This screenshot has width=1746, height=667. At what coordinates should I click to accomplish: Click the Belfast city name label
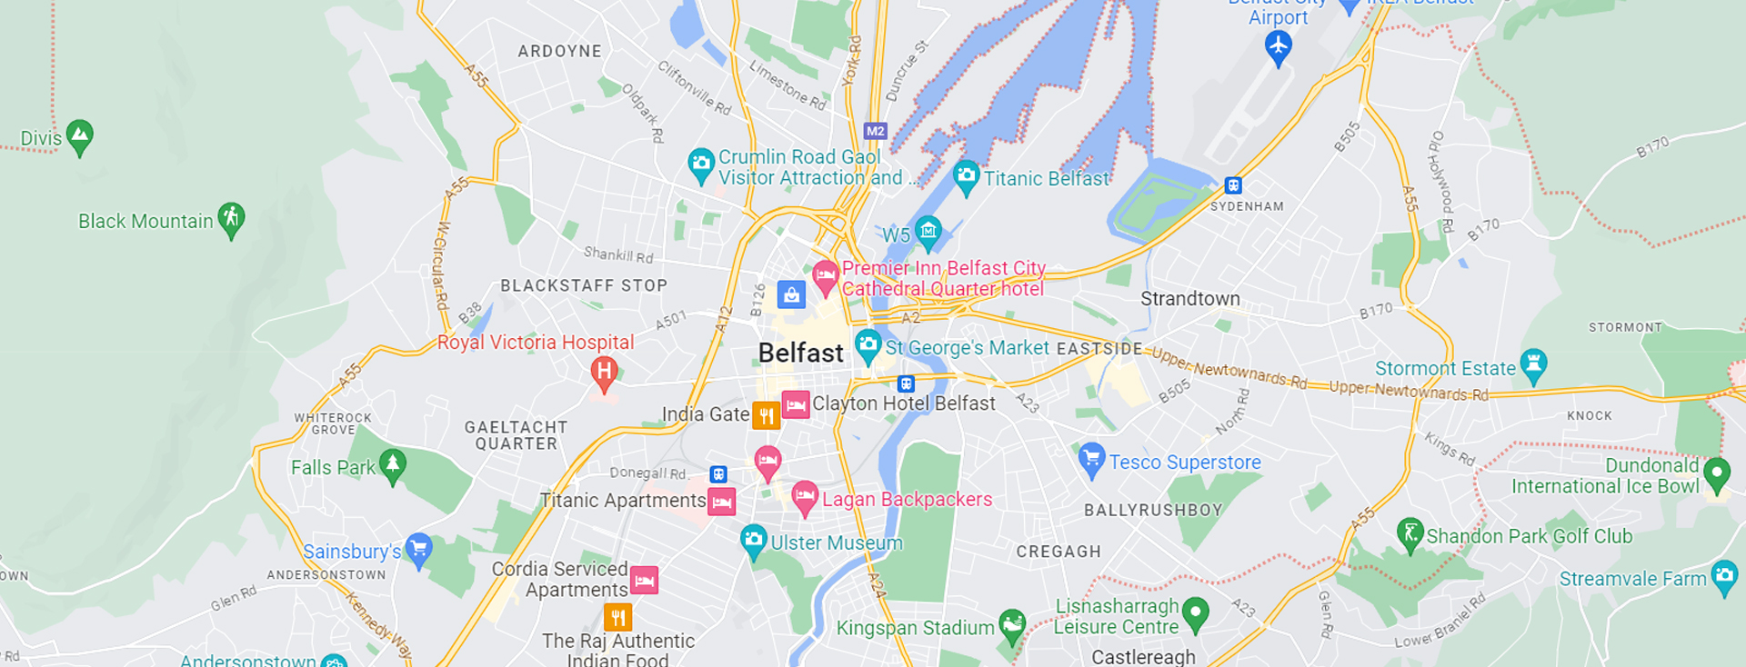pos(800,353)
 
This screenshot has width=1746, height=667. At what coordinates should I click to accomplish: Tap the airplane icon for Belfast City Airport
pos(1279,45)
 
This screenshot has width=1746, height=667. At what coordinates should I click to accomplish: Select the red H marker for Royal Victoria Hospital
pos(604,372)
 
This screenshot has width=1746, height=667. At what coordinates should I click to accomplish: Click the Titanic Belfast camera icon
pos(966,174)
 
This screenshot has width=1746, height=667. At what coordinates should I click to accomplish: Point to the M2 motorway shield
pos(875,131)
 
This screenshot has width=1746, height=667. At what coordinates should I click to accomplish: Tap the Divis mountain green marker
pos(80,136)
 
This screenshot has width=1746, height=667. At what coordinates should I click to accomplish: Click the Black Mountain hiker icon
pos(232,218)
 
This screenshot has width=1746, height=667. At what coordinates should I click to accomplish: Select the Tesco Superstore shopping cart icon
pos(1090,458)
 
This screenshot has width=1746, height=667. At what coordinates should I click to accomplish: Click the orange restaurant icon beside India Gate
pos(766,415)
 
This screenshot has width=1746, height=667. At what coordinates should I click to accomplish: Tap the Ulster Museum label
pos(836,543)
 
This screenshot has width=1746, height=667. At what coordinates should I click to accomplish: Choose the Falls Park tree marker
pos(393,464)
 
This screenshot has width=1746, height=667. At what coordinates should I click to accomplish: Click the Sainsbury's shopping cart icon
pos(418,548)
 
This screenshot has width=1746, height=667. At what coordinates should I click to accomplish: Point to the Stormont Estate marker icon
pos(1533,364)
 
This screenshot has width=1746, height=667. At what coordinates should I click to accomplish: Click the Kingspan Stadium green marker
pos(1011,624)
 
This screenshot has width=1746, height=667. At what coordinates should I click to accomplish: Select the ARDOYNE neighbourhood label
pos(559,52)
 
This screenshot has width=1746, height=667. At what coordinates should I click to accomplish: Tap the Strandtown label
pos(1189,299)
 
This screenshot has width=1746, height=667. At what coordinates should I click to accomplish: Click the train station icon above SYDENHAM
pos(1233,185)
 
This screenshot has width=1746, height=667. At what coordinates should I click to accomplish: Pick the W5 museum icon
pos(928,231)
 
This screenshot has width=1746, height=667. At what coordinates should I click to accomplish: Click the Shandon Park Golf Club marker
pos(1409,533)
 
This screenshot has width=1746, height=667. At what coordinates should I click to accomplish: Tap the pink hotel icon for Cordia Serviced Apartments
pos(644,580)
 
